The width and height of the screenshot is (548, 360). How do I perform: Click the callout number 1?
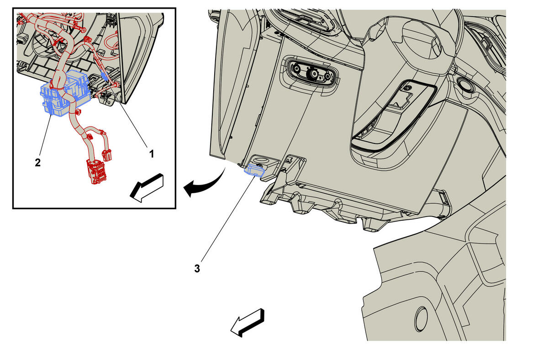point(152,154)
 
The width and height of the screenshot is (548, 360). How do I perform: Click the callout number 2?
point(37,163)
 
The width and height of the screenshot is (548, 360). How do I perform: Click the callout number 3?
point(197,269)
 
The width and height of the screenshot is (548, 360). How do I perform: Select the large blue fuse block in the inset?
point(65,92)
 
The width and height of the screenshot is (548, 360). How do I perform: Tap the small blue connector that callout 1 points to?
point(105,75)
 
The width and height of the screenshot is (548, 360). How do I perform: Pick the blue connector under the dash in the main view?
point(254,170)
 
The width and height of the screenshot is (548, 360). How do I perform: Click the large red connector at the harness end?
point(97,171)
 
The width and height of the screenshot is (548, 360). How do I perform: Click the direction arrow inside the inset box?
point(147,188)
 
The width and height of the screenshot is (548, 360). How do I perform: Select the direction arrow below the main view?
point(248,323)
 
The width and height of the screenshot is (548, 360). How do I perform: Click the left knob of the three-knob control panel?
point(296,69)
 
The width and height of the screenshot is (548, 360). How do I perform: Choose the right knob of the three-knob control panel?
point(327,78)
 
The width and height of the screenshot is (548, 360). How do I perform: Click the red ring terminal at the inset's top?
point(83,30)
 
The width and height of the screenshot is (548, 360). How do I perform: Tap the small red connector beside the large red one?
point(107,155)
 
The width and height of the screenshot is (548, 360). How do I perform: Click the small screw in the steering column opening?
point(406,88)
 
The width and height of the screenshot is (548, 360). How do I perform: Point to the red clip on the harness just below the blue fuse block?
point(78,112)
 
